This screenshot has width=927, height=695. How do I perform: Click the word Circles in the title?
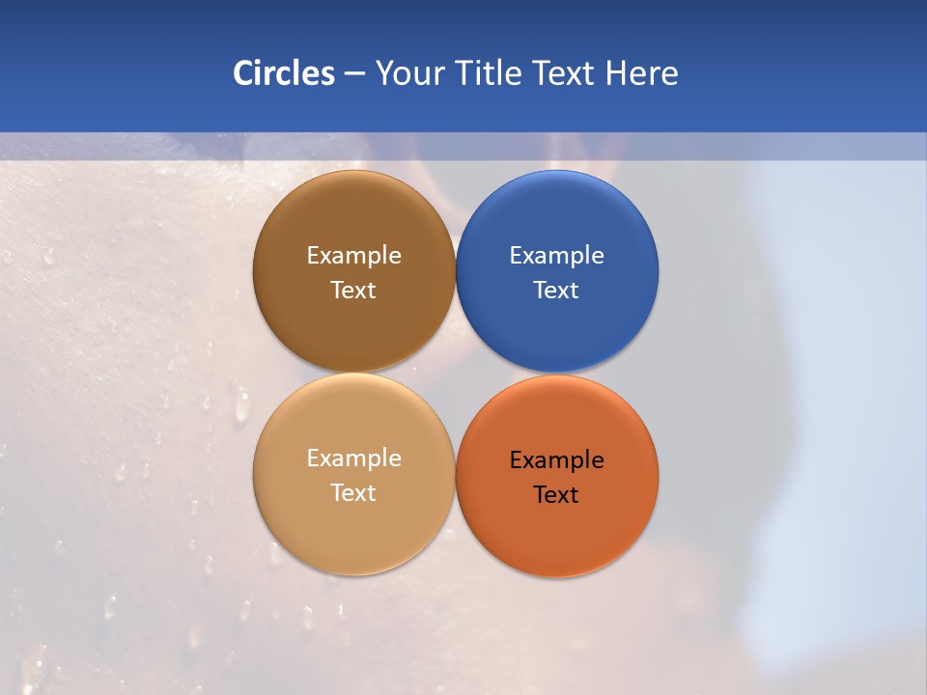284,73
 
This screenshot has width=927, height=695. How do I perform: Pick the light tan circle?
353,526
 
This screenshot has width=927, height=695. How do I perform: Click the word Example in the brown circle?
353,256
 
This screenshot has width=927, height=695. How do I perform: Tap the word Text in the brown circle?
353,291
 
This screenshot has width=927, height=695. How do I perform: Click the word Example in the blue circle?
557,256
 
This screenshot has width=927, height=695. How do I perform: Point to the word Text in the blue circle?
557,291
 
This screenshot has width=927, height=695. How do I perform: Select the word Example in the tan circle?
353,459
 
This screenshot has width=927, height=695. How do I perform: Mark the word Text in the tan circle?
353,493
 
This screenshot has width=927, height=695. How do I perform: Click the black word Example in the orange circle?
557,460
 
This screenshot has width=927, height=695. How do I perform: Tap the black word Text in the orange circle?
557,495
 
